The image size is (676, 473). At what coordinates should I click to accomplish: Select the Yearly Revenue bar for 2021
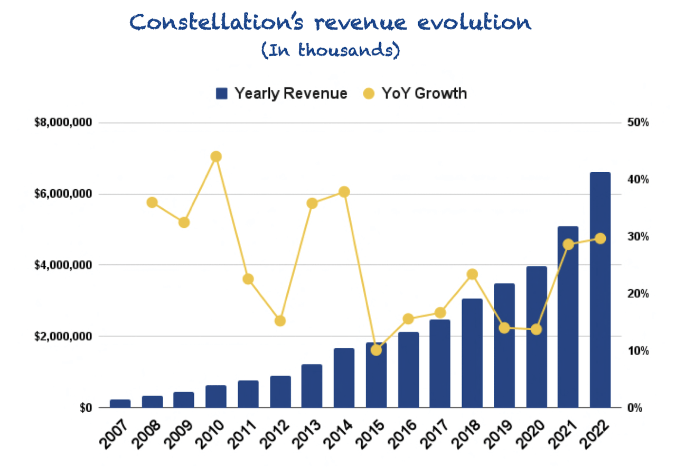click(568, 317)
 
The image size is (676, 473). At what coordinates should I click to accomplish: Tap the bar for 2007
click(120, 403)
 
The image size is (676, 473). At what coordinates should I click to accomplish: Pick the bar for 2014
click(344, 378)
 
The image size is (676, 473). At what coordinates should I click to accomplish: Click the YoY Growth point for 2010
click(216, 156)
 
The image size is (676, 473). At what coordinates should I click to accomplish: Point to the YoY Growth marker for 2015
click(376, 350)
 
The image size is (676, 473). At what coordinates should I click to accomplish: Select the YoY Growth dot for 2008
click(152, 202)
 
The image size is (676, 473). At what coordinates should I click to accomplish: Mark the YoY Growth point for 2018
click(472, 274)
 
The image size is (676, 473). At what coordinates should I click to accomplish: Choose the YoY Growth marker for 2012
click(280, 321)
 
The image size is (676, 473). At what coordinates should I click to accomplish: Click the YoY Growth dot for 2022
click(600, 239)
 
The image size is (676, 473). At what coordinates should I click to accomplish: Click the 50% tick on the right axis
click(638, 123)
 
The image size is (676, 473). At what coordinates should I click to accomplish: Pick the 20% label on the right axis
click(638, 294)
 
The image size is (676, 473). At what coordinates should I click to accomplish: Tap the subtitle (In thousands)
click(331, 50)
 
